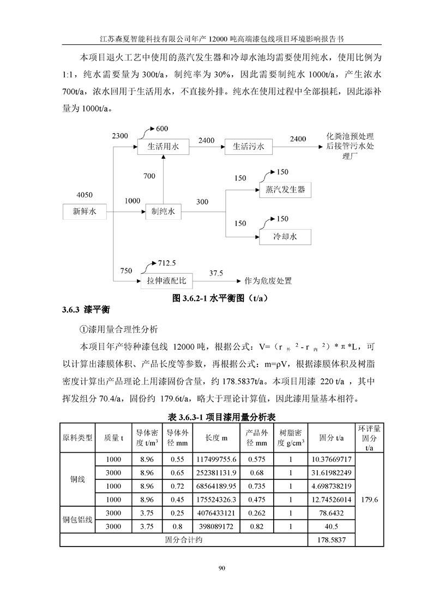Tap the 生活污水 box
[248, 147]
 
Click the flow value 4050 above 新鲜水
[85, 194]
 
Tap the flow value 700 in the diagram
[149, 176]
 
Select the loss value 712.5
[167, 263]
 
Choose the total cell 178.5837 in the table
[330, 540]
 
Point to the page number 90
[221, 568]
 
